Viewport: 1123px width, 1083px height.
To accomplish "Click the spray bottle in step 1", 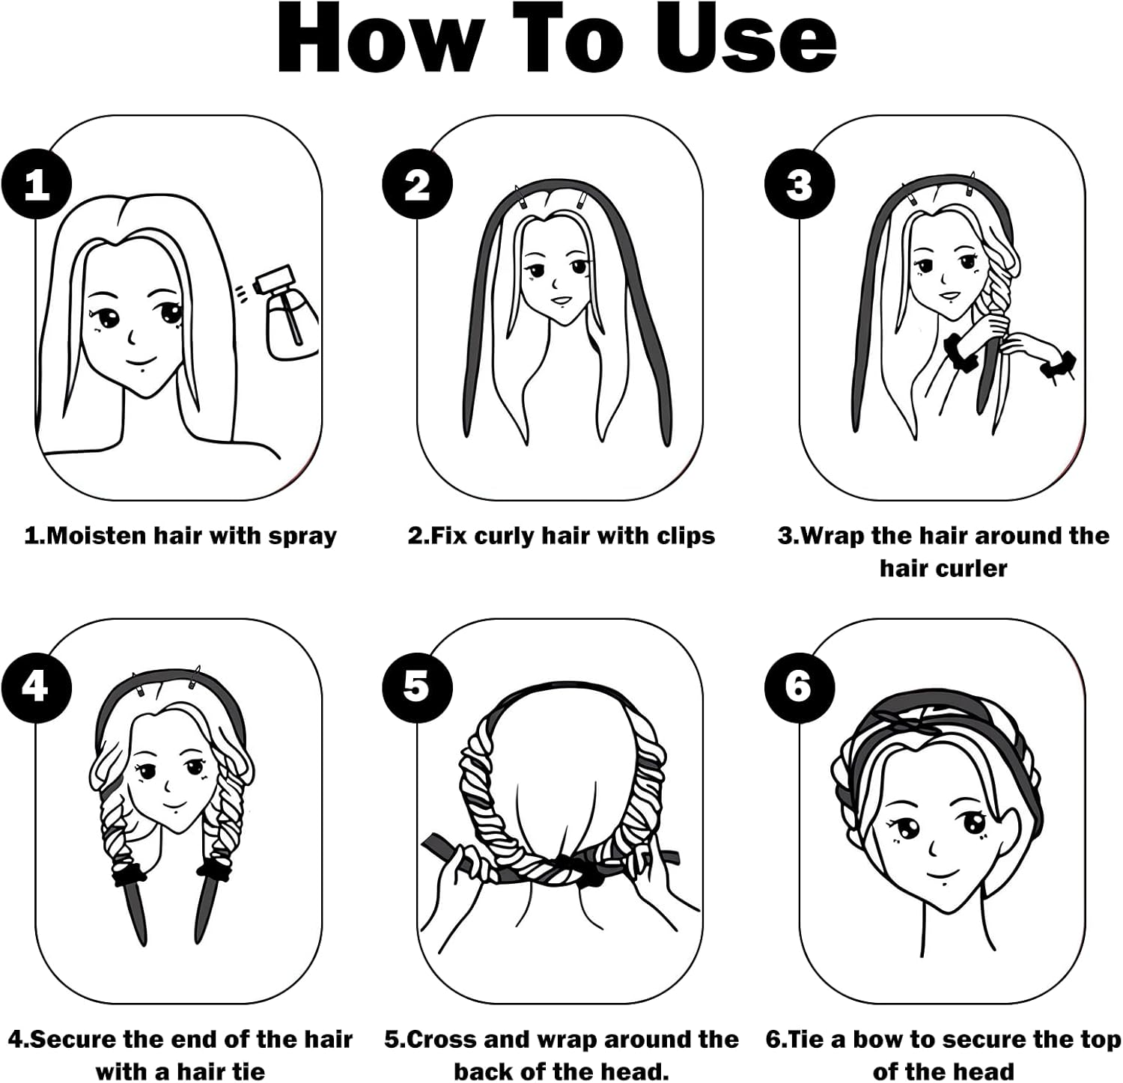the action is (x=288, y=314).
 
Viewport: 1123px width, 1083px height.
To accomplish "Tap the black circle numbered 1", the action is (x=36, y=184).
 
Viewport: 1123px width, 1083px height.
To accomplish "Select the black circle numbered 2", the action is (x=418, y=184).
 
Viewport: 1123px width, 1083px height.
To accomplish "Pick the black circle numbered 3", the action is (x=800, y=184).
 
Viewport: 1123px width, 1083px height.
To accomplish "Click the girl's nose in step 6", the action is (x=933, y=849).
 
